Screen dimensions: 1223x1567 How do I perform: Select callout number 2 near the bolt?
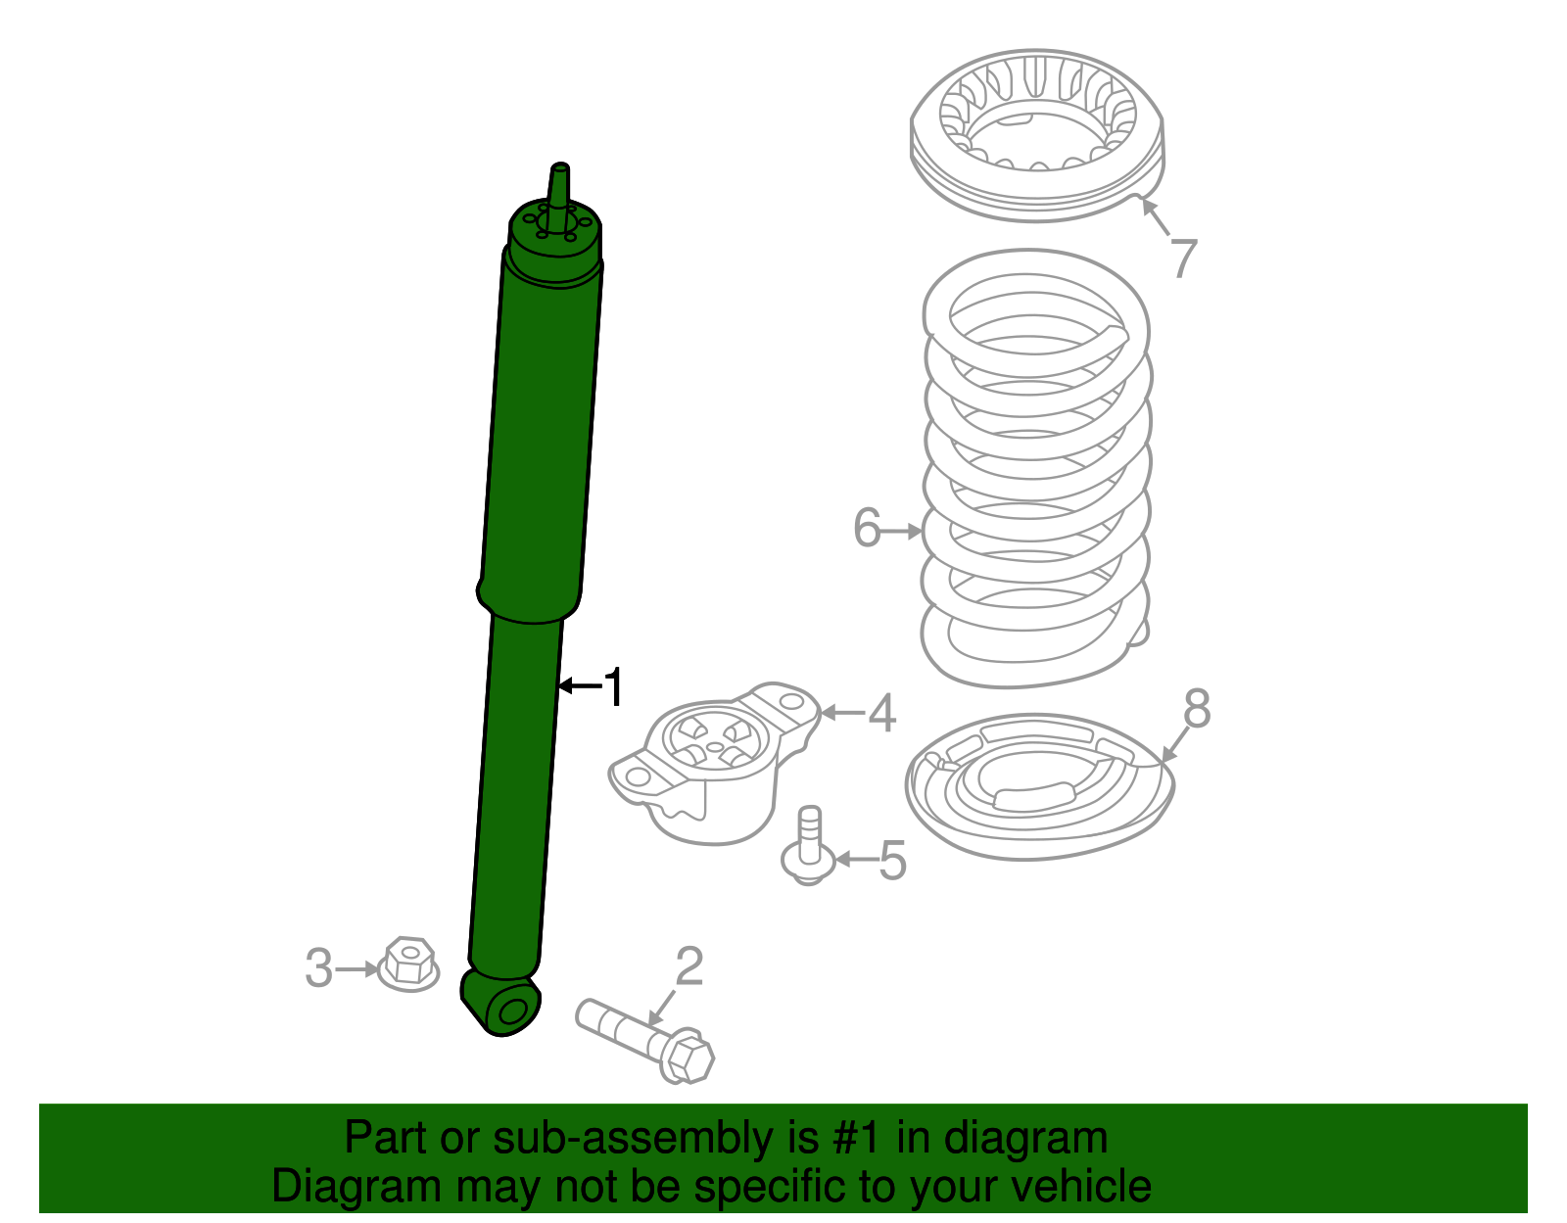tap(689, 966)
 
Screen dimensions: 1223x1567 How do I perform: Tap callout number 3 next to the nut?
tap(318, 968)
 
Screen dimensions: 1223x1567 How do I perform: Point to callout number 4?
tap(881, 713)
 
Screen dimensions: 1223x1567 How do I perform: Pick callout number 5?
tap(892, 860)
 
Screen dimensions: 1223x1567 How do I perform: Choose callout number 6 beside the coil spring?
tap(867, 529)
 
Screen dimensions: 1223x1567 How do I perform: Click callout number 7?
tap(1184, 259)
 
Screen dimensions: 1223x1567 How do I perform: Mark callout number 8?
tap(1197, 708)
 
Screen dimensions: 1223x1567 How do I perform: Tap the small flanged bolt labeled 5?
tap(809, 847)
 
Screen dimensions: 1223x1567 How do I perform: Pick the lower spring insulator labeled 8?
tap(1038, 788)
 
